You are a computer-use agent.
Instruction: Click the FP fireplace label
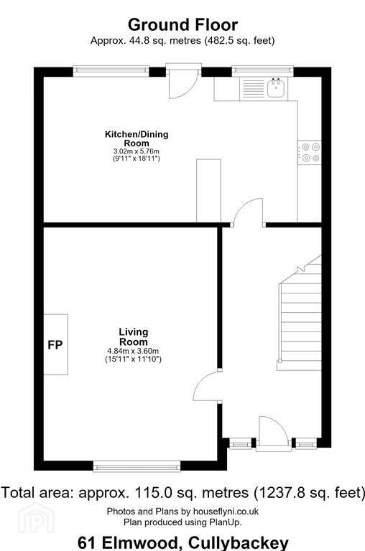coord(55,344)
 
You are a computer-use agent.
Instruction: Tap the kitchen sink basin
coord(277,88)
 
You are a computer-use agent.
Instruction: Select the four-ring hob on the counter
coord(310,153)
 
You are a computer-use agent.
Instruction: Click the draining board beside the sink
coord(254,89)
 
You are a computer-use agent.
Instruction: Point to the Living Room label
coord(134,336)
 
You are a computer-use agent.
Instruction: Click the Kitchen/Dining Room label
coord(137,138)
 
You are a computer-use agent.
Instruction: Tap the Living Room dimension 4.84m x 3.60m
coord(133,351)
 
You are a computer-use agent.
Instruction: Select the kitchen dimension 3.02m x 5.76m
coord(137,151)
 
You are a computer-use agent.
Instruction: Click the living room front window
coord(137,466)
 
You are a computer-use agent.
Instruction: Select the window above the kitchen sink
coord(262,71)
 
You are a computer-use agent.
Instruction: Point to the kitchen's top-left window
coord(111,71)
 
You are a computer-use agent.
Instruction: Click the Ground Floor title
coord(182,25)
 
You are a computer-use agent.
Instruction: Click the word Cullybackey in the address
coord(239,543)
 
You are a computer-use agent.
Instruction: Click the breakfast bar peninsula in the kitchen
coord(208,191)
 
